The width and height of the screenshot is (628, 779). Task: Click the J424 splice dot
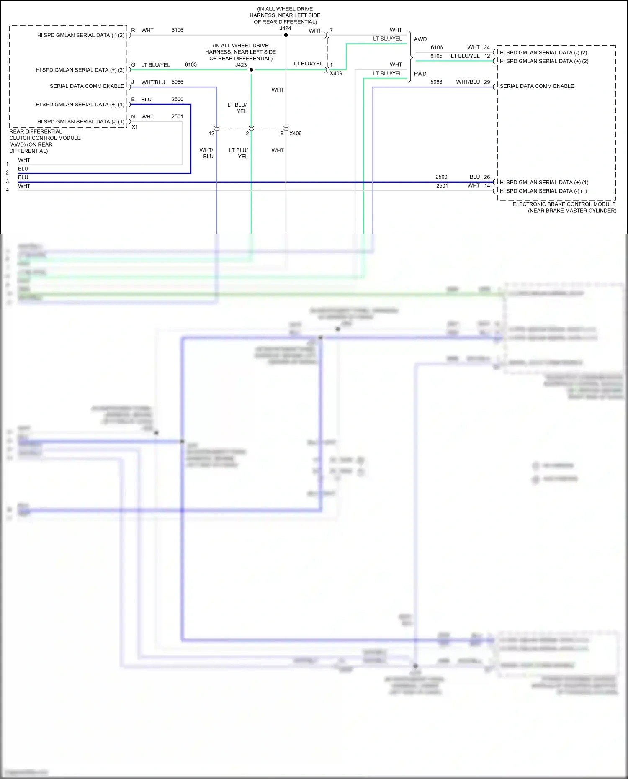(286, 35)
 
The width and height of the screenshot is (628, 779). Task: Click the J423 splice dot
(251, 69)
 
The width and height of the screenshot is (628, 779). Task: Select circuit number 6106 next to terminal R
(177, 30)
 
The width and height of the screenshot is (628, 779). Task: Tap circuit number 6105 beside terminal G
(190, 65)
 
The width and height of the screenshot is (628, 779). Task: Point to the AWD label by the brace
(420, 39)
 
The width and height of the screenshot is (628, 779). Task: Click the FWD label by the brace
(420, 74)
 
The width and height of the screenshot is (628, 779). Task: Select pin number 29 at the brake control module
(487, 82)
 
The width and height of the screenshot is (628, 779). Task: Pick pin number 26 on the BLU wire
(487, 177)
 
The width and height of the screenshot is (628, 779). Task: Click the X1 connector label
(135, 127)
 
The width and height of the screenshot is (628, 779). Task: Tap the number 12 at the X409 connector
(211, 134)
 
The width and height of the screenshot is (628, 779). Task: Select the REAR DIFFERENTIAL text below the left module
(36, 131)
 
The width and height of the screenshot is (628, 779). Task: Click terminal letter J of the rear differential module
(133, 82)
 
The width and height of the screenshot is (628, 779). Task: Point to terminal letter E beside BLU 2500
(133, 99)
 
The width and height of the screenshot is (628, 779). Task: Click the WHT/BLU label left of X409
(206, 153)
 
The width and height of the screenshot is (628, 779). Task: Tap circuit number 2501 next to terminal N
(177, 116)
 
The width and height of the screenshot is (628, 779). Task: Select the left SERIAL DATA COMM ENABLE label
(87, 86)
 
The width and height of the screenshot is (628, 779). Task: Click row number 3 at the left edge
(7, 181)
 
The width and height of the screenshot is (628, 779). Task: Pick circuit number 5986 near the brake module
(436, 82)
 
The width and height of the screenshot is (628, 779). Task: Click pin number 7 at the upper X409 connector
(331, 30)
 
